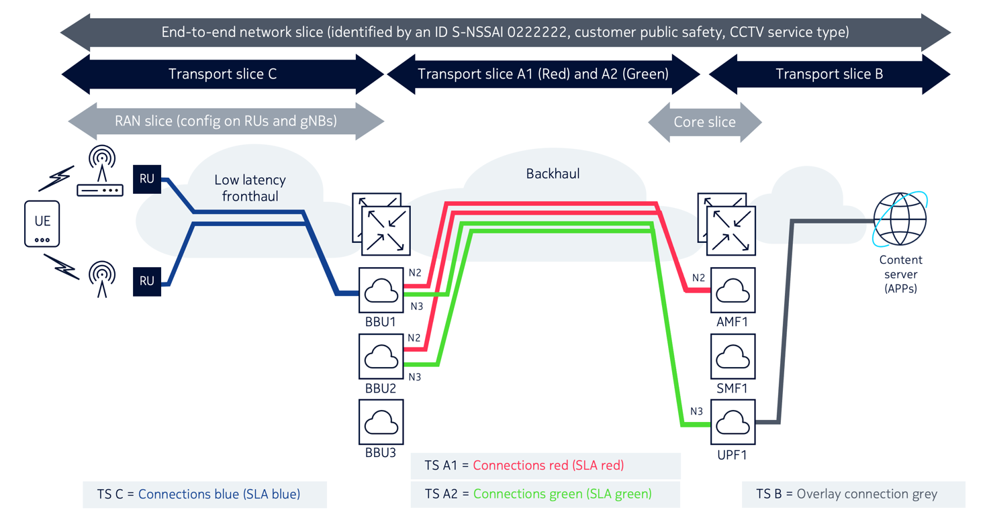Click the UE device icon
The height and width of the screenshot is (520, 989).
pyautogui.click(x=42, y=223)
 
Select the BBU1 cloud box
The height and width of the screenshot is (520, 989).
pyautogui.click(x=381, y=290)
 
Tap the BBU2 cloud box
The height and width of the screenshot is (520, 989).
pyautogui.click(x=381, y=356)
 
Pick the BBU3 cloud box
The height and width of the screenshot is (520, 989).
pyautogui.click(x=381, y=422)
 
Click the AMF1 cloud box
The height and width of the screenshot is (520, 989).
pyautogui.click(x=733, y=290)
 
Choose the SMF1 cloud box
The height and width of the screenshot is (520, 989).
pyautogui.click(x=733, y=356)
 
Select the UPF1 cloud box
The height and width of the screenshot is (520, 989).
pyautogui.click(x=733, y=422)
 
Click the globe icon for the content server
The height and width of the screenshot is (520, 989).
pyautogui.click(x=900, y=219)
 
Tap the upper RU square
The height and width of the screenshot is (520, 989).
pyautogui.click(x=147, y=179)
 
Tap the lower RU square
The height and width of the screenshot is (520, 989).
pyautogui.click(x=147, y=281)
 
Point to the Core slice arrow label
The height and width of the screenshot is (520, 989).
pyautogui.click(x=704, y=122)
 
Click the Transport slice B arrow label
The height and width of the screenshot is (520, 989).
pyautogui.click(x=829, y=74)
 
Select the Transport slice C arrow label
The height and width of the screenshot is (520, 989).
pyautogui.click(x=222, y=74)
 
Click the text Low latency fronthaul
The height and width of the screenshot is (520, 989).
pyautogui.click(x=250, y=188)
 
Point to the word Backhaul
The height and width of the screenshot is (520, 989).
pyautogui.click(x=553, y=174)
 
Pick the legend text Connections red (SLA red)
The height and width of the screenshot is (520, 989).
pyautogui.click(x=548, y=465)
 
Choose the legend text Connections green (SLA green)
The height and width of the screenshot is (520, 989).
pyautogui.click(x=562, y=494)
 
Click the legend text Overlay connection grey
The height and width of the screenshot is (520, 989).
pyautogui.click(x=866, y=494)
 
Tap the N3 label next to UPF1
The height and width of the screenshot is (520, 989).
pyautogui.click(x=696, y=411)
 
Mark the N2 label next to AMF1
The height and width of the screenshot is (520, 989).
pyautogui.click(x=698, y=278)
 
